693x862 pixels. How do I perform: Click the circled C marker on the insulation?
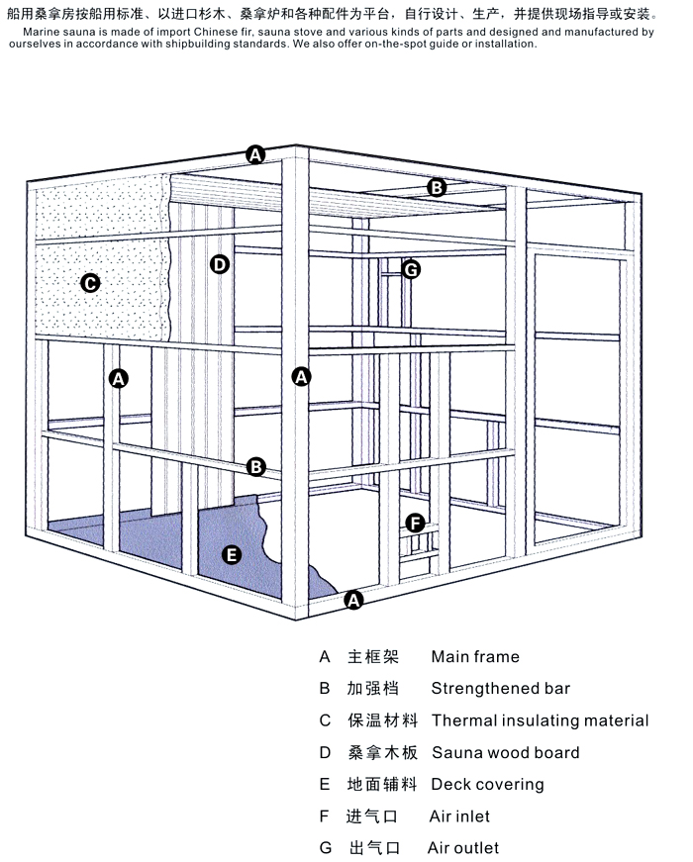click(89, 284)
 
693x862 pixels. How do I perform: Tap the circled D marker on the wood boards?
click(219, 264)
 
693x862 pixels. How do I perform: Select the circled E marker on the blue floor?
click(231, 554)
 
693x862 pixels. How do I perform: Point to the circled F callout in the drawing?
click(415, 523)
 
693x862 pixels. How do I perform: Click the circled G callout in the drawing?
click(411, 269)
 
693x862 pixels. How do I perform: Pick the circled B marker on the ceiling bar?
click(437, 187)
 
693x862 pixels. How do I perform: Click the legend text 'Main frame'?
click(474, 657)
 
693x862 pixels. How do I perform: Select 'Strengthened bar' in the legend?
click(500, 689)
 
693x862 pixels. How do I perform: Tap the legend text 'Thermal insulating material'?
click(540, 720)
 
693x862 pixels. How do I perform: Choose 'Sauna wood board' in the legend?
click(505, 753)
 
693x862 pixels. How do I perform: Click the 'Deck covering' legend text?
click(487, 785)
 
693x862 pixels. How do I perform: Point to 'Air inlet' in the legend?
click(459, 816)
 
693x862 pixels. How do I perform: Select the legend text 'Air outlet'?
click(462, 848)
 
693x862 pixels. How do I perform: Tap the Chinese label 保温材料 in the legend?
click(382, 720)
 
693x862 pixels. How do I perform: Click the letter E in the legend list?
click(325, 785)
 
